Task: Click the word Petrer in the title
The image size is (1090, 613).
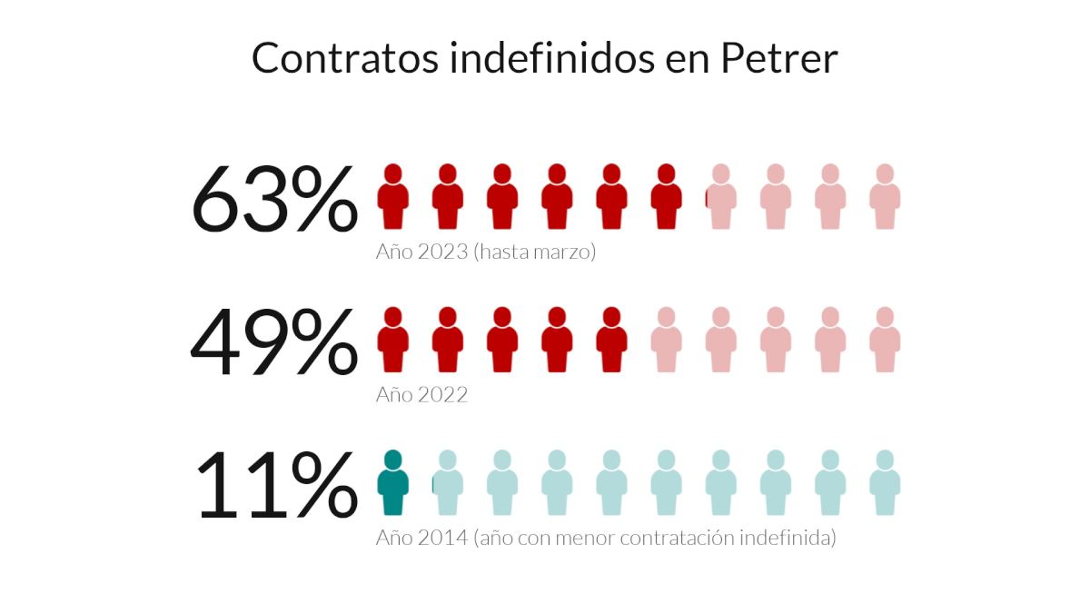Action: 778,58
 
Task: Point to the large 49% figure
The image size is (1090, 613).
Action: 275,343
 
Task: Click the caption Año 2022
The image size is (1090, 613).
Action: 421,395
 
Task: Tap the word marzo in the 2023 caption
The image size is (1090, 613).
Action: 565,252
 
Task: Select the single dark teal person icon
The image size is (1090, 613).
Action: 392,484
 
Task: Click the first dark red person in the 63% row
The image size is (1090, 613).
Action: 392,197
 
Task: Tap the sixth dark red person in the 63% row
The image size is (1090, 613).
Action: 666,197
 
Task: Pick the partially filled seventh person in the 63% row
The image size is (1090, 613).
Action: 720,197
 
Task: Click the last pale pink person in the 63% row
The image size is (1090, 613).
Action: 884,197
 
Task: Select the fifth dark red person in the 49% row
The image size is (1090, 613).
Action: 611,341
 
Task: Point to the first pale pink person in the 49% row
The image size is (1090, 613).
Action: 666,341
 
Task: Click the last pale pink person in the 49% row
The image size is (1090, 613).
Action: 884,341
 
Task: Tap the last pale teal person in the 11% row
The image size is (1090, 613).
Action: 884,484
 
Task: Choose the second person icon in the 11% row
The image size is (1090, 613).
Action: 447,484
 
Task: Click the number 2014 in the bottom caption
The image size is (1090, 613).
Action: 442,538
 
